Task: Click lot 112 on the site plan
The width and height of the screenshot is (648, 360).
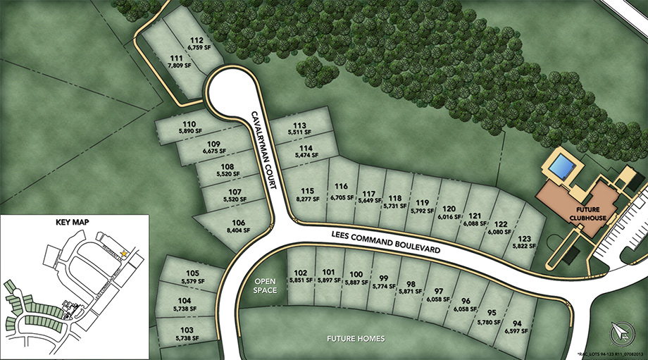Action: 197,44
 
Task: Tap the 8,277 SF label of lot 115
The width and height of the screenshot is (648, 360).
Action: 307,199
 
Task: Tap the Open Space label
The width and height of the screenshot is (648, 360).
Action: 266,285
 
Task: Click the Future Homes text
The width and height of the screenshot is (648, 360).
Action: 356,339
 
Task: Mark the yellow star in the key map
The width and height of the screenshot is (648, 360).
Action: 124,252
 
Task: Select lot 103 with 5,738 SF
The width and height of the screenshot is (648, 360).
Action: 187,333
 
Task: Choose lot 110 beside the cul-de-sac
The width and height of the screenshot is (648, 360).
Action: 188,127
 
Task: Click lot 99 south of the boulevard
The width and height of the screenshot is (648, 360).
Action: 384,282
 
